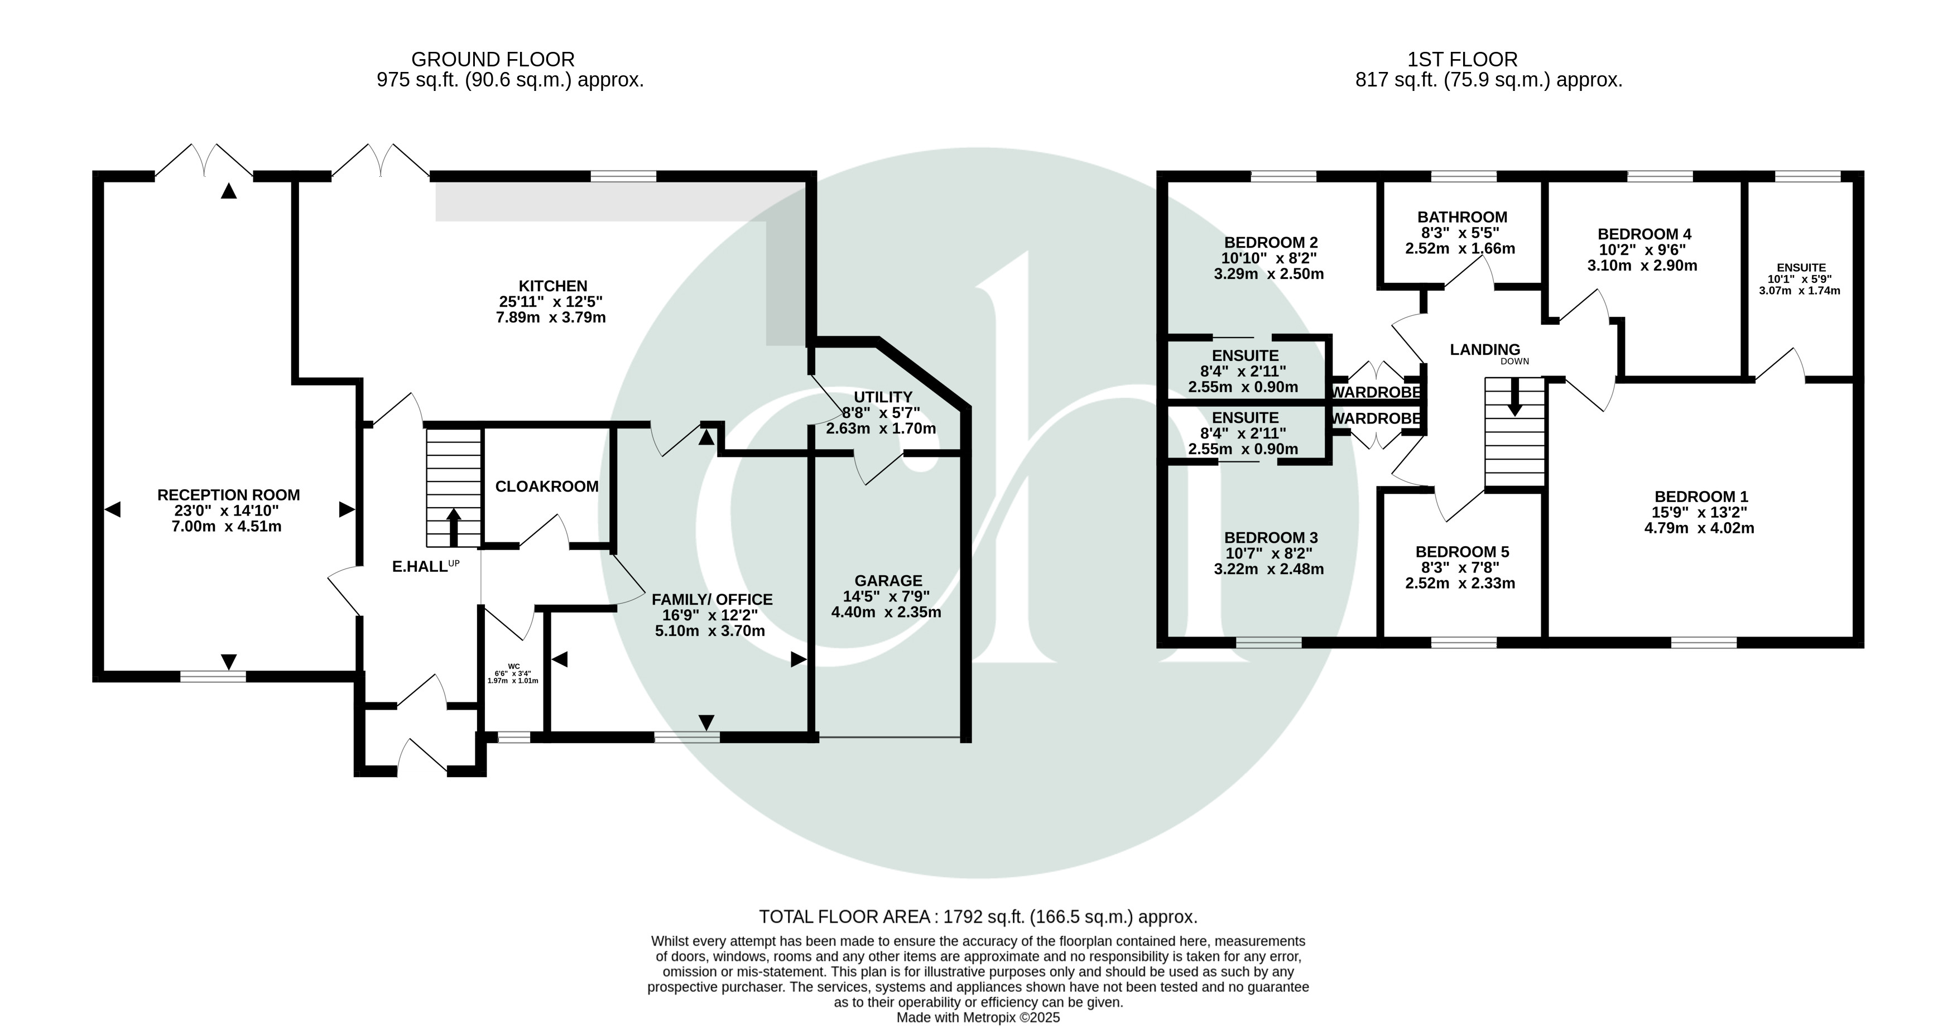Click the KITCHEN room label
point(552,286)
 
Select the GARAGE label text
point(888,581)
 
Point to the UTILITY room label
point(882,397)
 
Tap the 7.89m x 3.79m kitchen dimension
point(551,317)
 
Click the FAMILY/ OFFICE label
point(712,600)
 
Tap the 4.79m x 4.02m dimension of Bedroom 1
point(1699,528)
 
